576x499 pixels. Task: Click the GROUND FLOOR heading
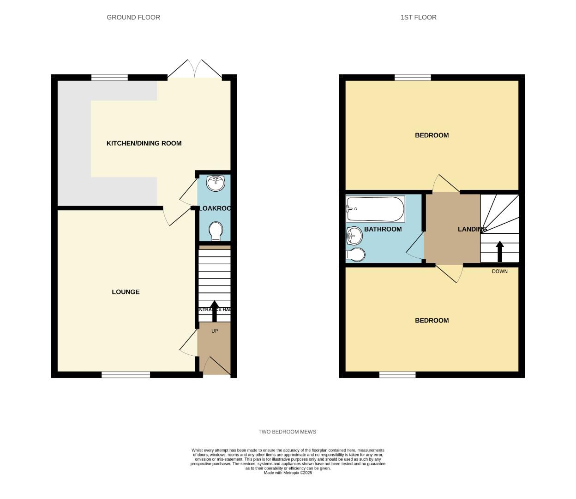tap(133, 18)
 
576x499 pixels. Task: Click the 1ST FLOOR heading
tap(418, 18)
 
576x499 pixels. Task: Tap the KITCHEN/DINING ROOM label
tap(144, 143)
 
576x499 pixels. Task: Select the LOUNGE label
tap(126, 292)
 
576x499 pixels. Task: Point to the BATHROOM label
tap(383, 229)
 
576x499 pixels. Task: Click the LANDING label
tap(472, 229)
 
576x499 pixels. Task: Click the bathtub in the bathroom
tap(375, 209)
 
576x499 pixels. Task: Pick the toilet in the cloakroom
tap(215, 231)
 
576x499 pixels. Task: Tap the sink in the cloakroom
tap(215, 183)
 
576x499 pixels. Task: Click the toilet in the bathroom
tap(355, 255)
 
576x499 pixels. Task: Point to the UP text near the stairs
tap(215, 331)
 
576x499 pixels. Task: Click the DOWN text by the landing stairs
tap(499, 271)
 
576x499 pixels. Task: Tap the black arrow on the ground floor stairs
tap(214, 310)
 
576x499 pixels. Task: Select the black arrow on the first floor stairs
tap(499, 251)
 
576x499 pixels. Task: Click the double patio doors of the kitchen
tap(195, 69)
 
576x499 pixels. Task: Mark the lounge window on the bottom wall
tap(126, 375)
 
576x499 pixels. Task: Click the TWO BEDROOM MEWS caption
tap(287, 432)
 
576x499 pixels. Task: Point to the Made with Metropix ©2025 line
tap(288, 473)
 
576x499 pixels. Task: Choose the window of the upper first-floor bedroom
tap(413, 77)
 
